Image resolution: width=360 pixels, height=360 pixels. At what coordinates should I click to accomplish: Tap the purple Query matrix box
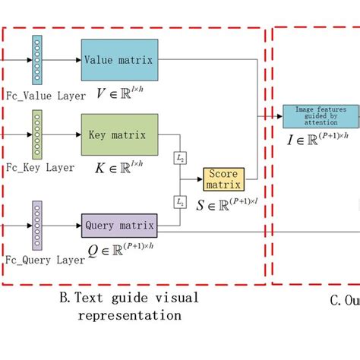coord(119,225)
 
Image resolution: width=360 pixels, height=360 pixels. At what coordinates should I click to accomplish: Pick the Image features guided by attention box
coord(320,115)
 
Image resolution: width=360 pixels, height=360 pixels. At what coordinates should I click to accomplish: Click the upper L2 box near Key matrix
coord(181,156)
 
